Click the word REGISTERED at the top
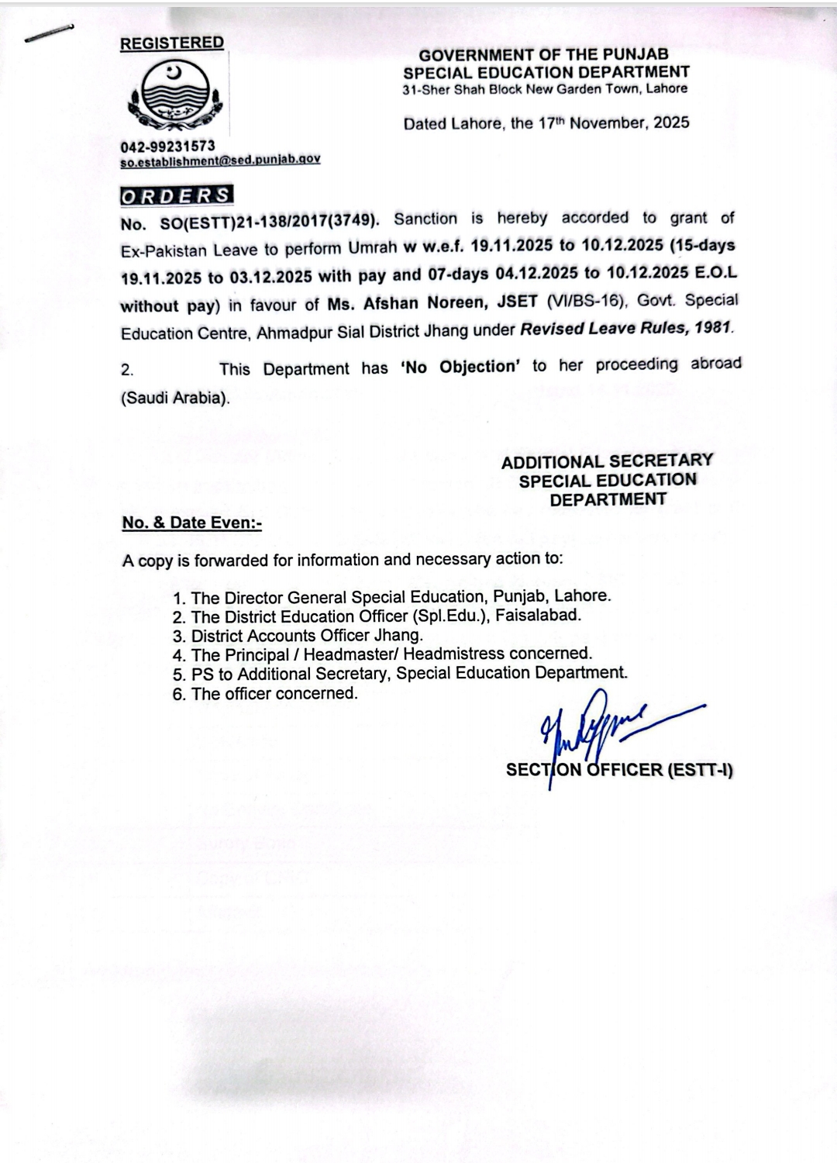[x=171, y=43]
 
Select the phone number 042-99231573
[x=167, y=146]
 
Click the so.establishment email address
[x=220, y=159]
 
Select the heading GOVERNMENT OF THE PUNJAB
[x=544, y=55]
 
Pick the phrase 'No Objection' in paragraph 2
[x=460, y=367]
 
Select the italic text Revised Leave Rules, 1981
[x=626, y=329]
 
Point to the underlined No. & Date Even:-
[x=192, y=523]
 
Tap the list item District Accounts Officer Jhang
[x=307, y=636]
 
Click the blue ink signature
[x=597, y=729]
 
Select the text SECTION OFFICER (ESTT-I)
[x=619, y=770]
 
